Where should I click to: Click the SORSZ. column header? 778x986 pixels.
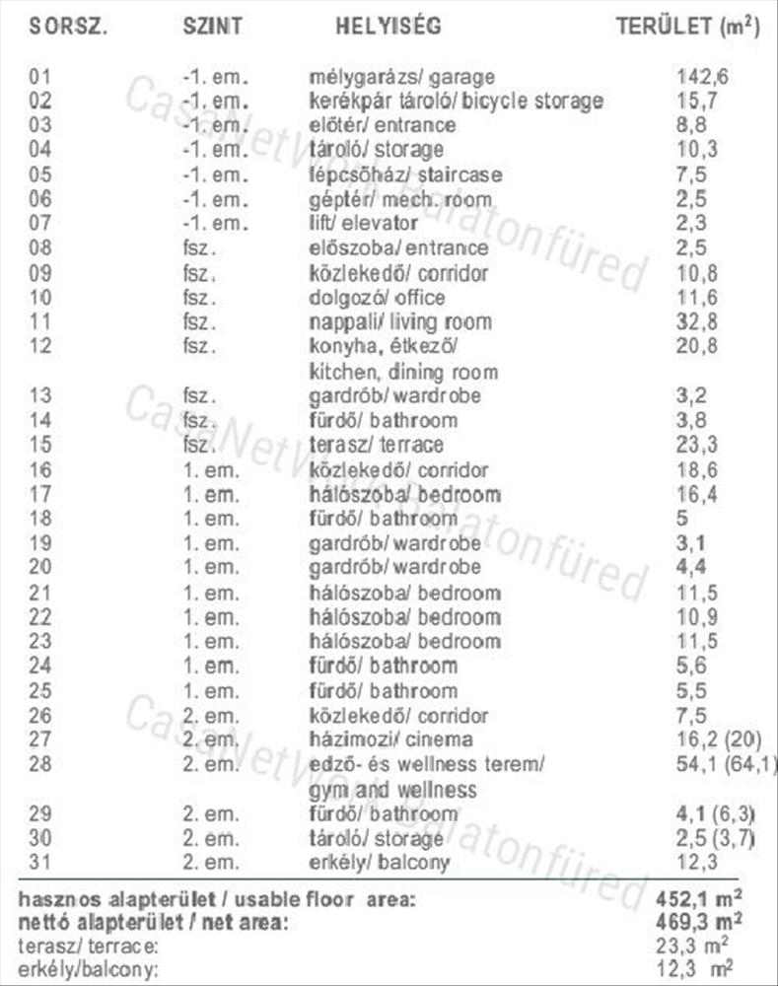click(x=68, y=26)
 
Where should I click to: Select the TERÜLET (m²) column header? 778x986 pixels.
click(x=688, y=26)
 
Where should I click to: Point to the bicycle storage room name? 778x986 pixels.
click(x=456, y=101)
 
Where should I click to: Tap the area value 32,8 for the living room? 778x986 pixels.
click(x=696, y=321)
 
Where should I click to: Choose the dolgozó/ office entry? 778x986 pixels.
click(x=378, y=298)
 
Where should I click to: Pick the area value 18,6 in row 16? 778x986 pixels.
click(x=696, y=469)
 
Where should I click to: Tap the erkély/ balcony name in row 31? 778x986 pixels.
click(x=380, y=863)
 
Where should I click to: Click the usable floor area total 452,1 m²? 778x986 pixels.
click(x=698, y=899)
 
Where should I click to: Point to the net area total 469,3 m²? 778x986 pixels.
click(x=698, y=922)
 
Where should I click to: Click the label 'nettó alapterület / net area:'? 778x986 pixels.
click(x=152, y=923)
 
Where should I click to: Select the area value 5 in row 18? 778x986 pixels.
click(x=682, y=519)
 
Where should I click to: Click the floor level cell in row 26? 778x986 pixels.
click(x=210, y=716)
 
